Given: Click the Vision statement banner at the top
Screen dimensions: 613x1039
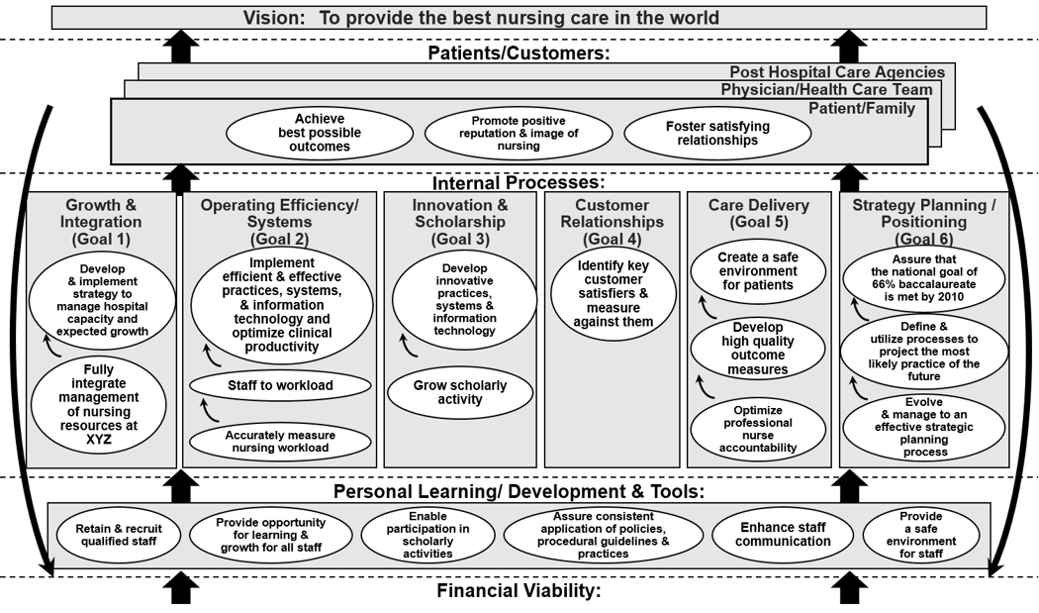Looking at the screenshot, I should click(x=519, y=18).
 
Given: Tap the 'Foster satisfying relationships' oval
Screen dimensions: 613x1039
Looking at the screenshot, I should click(x=717, y=133).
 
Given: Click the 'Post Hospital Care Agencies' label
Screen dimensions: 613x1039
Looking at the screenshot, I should click(x=836, y=72).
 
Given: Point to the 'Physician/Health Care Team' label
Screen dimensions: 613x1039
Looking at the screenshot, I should click(x=826, y=90).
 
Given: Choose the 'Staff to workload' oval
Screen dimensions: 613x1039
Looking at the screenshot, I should click(x=280, y=385).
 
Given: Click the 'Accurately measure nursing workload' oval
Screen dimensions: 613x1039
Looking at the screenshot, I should click(x=280, y=442).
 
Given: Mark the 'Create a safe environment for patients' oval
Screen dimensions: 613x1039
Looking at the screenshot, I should click(x=756, y=271).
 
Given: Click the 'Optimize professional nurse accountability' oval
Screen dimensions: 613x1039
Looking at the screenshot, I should click(x=758, y=429).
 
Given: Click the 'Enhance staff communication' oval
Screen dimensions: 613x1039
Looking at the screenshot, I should click(x=782, y=535).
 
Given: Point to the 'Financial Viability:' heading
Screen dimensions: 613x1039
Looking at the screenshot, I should click(x=519, y=591).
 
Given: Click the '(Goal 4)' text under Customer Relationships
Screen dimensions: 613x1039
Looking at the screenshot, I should click(x=613, y=239).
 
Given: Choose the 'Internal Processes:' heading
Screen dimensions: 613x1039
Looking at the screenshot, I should click(x=519, y=183).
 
